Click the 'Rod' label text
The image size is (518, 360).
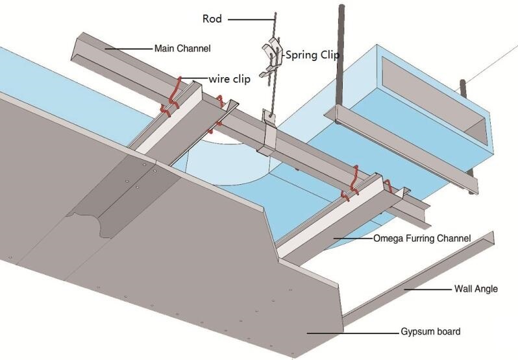[212, 19]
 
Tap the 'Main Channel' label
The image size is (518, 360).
[182, 49]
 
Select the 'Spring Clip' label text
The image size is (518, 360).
[312, 54]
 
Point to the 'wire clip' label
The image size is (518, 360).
[229, 79]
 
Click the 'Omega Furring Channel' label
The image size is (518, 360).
[422, 238]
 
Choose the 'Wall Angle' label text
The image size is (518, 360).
[476, 289]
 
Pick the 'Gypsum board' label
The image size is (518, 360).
[430, 331]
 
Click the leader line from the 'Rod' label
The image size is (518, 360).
[251, 19]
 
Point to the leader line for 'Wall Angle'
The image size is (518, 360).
[428, 289]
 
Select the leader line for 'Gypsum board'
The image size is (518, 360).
[353, 333]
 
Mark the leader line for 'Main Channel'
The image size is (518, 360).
[129, 49]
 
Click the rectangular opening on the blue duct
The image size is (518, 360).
[435, 100]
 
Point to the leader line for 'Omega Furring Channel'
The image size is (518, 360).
[353, 238]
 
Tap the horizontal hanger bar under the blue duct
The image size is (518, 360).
[401, 149]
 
